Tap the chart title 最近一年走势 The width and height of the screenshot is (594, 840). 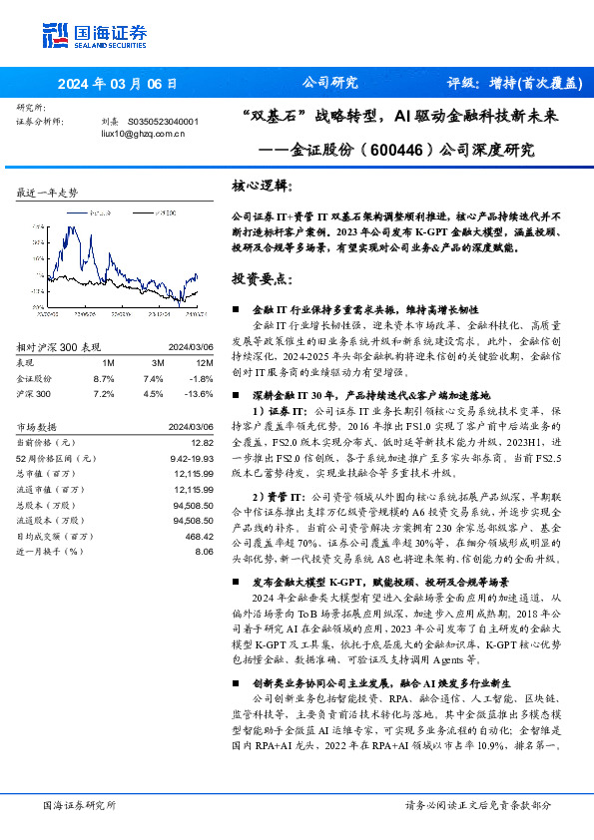tap(48, 192)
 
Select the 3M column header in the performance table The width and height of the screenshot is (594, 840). tap(158, 362)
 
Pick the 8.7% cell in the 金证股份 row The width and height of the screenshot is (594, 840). tap(104, 379)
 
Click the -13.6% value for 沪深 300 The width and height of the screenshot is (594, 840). tap(201, 394)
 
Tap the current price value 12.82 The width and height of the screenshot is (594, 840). tap(203, 441)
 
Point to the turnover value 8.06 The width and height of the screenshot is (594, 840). tap(205, 551)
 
